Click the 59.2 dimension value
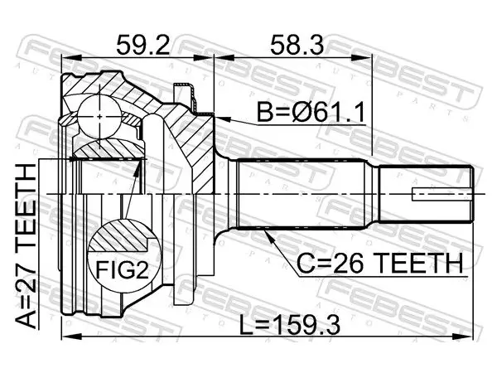click(142, 45)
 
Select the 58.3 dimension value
click(297, 45)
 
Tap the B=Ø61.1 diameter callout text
click(311, 112)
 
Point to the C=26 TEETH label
click(379, 263)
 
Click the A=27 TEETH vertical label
click(27, 246)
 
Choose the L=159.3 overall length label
click(289, 325)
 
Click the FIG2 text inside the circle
click(123, 269)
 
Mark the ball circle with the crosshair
click(99, 117)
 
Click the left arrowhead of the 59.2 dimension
click(71, 58)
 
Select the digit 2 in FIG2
click(142, 269)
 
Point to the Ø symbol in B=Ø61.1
click(302, 112)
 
